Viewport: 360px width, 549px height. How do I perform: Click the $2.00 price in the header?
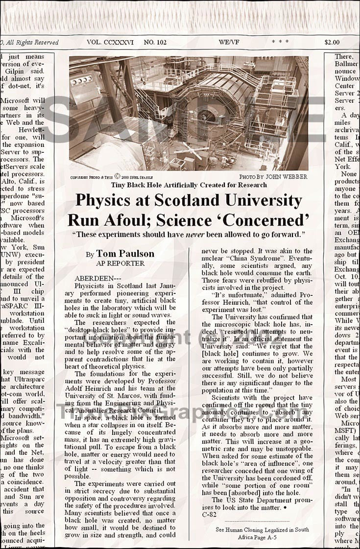[332, 42]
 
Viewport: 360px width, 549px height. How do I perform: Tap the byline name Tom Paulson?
[125, 254]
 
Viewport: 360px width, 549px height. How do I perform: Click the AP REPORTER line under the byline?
[120, 263]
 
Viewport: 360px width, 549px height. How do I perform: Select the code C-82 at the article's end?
[209, 515]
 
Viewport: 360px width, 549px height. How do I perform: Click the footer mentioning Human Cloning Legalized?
[262, 529]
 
